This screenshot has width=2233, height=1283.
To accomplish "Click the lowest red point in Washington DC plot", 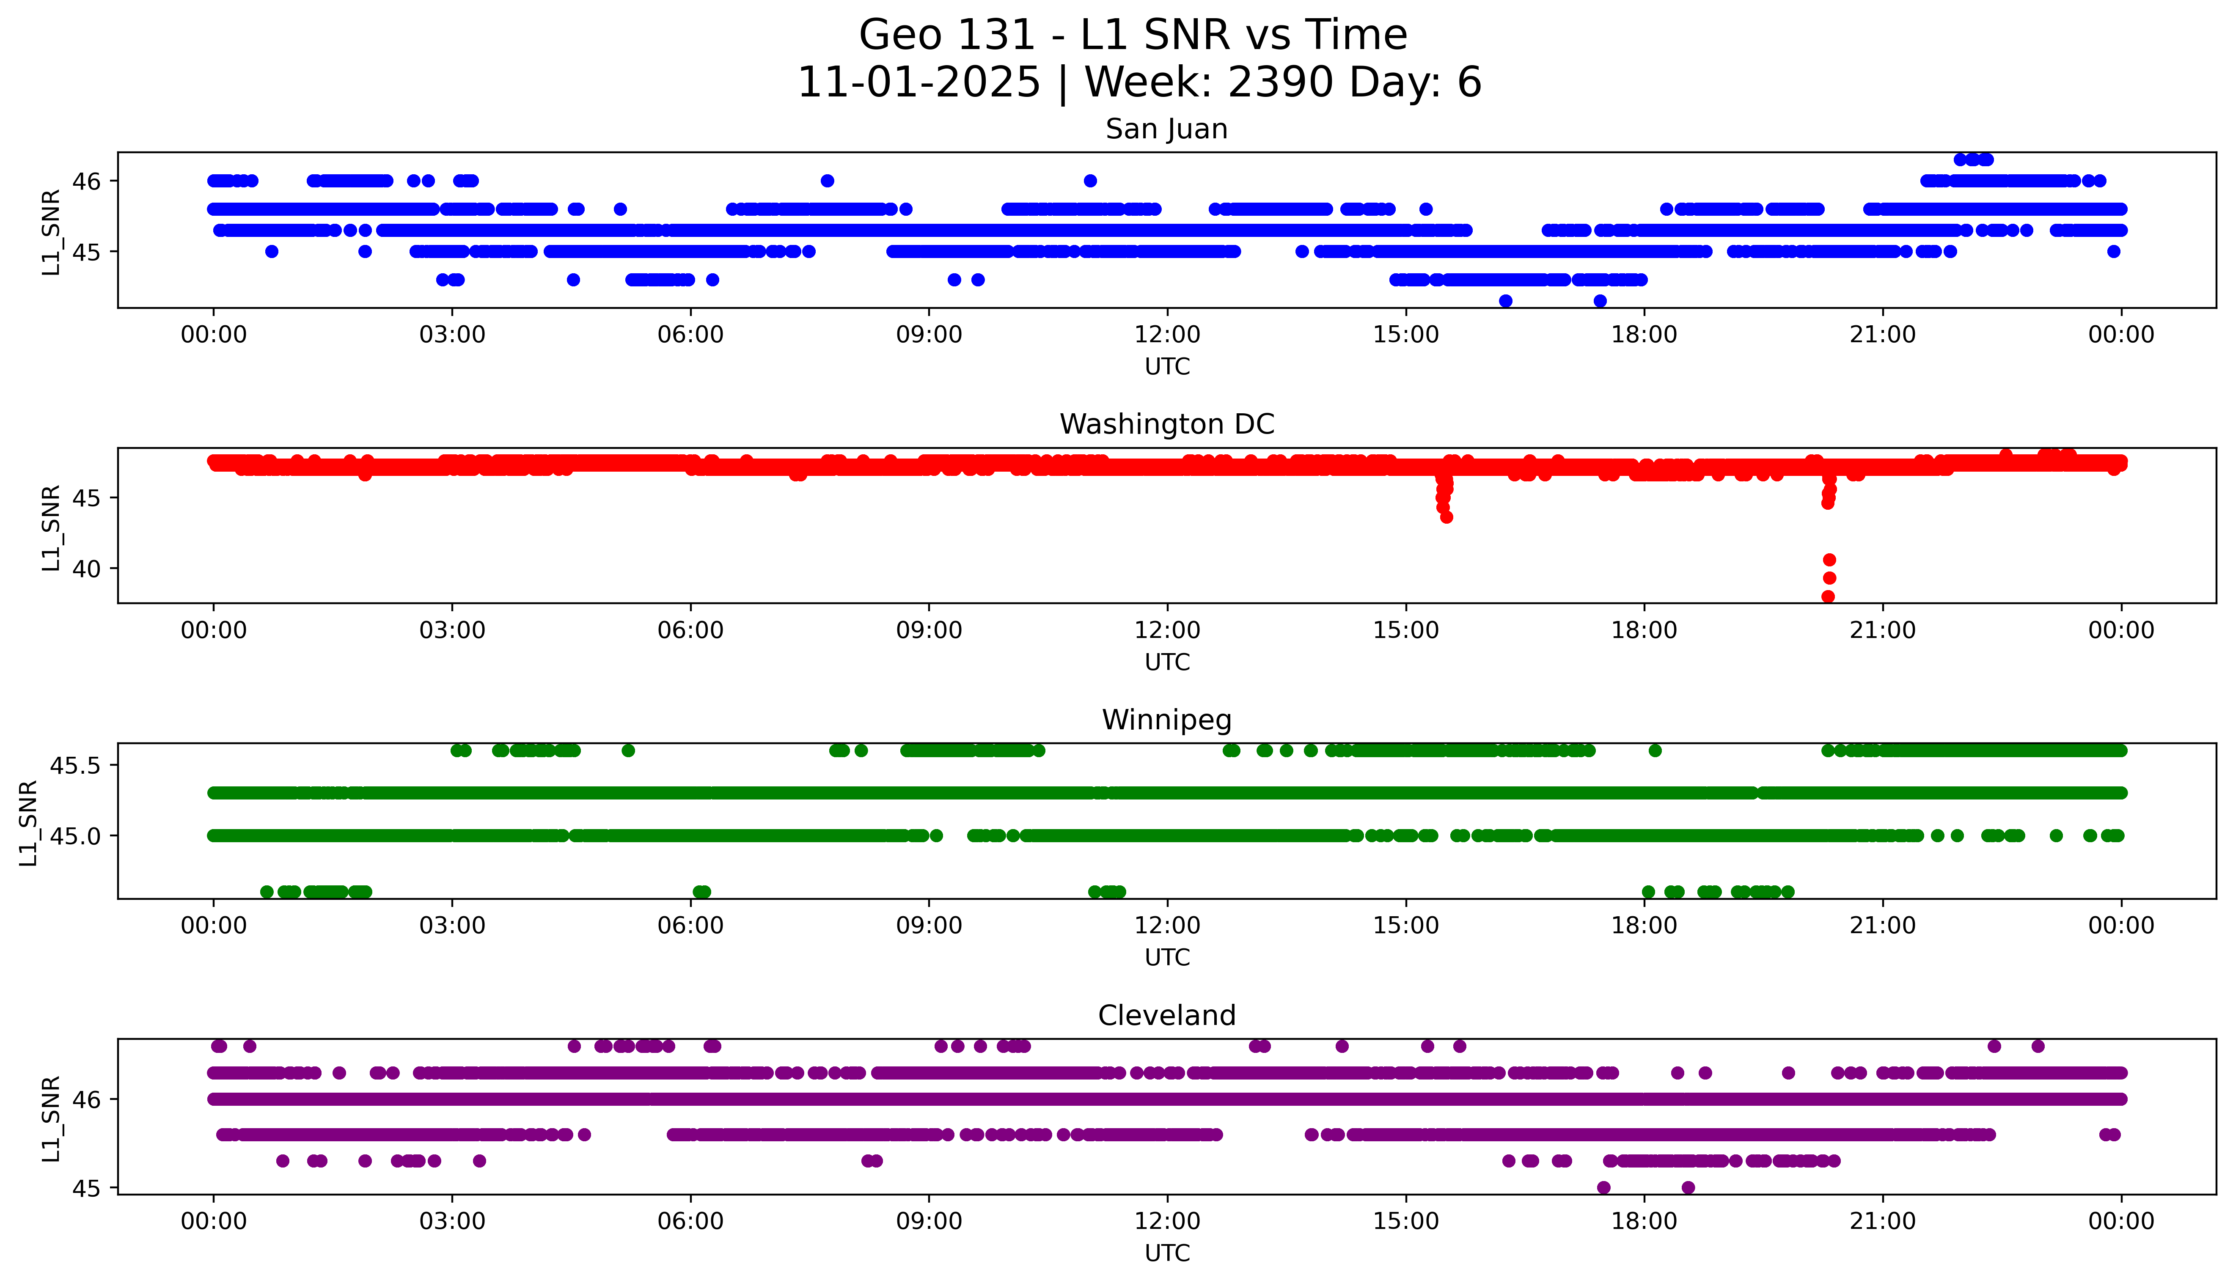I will coord(1828,596).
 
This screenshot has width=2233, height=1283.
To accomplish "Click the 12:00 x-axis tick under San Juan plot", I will coord(1167,335).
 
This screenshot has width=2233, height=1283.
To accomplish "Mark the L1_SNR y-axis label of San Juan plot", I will coord(51,232).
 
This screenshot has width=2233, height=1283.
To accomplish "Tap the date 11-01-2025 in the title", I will coord(918,83).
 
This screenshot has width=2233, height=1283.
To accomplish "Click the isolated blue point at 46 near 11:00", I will coord(1090,181).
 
